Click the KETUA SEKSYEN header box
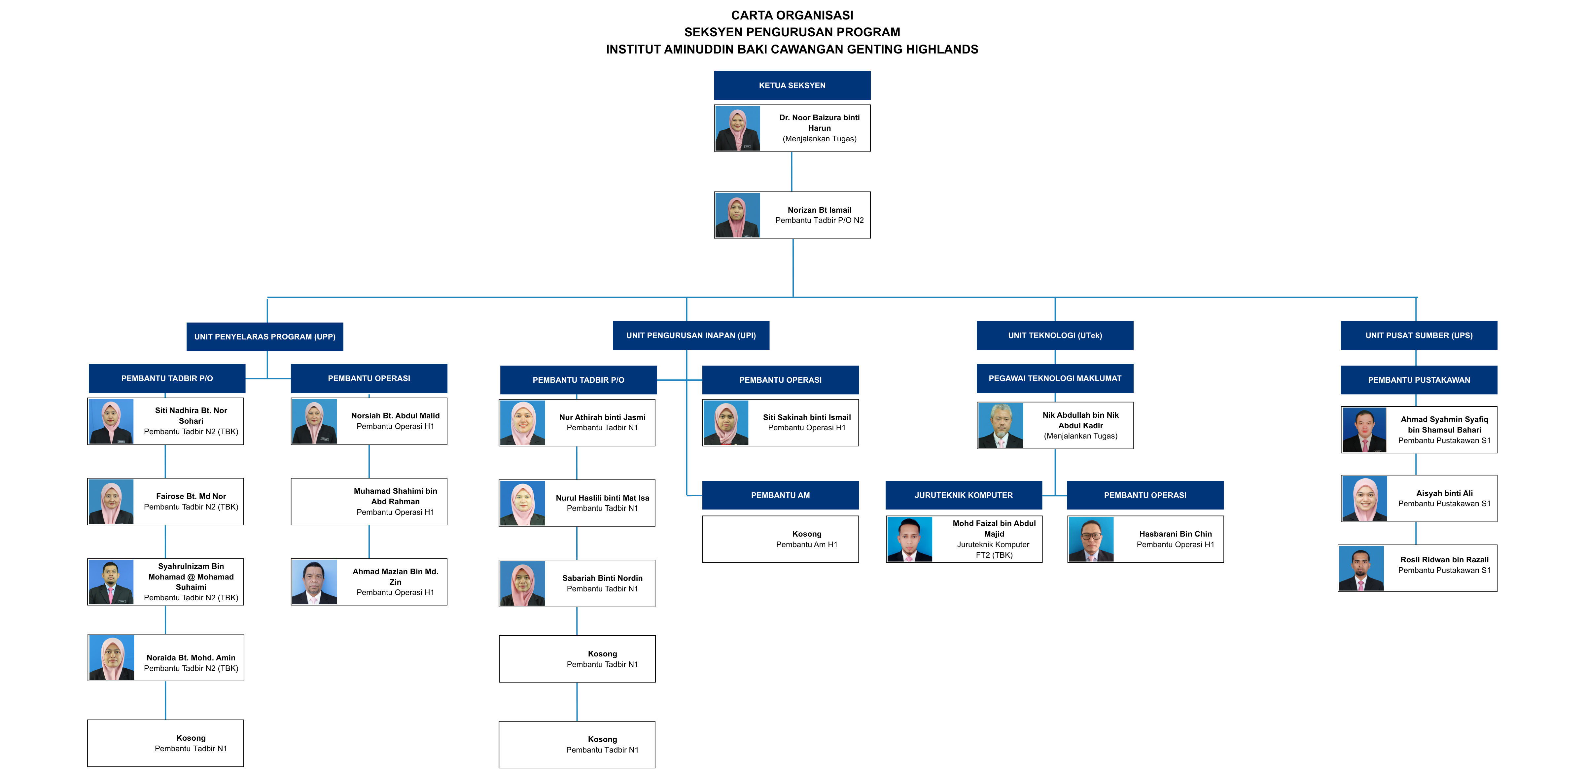[792, 86]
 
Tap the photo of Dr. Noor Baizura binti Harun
[737, 128]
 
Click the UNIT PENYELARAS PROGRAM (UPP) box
[264, 336]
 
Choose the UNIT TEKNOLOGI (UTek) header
[1055, 335]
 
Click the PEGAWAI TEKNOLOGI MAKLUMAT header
[1055, 378]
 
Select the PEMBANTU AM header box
[780, 495]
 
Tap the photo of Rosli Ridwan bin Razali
[1361, 568]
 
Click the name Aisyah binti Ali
[1444, 493]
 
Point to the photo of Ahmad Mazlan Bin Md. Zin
[314, 582]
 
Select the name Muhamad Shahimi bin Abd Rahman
[395, 496]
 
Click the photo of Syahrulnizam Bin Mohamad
[111, 582]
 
